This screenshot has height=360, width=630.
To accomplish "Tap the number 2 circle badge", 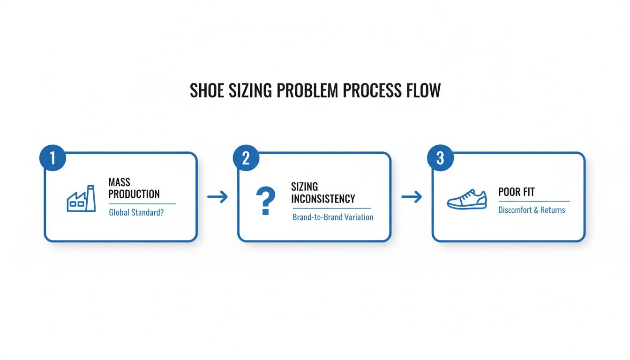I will (246, 158).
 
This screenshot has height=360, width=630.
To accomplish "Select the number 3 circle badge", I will (440, 158).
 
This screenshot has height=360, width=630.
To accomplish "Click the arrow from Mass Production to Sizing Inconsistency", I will (217, 197).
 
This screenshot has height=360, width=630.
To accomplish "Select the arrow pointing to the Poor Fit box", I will (412, 197).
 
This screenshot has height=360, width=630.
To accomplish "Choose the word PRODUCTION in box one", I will (134, 194).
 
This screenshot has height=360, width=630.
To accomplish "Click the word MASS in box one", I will (119, 182).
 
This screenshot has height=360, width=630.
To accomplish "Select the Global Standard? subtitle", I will (137, 212).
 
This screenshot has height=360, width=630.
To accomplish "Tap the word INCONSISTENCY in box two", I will (323, 198).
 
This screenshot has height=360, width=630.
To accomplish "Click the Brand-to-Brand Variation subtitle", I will (333, 217).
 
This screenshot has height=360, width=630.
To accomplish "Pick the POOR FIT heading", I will (517, 192).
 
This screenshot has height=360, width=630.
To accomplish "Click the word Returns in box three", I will (553, 210).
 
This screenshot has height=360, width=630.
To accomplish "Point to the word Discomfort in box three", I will (515, 210).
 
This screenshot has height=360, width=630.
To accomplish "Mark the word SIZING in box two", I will (304, 187).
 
